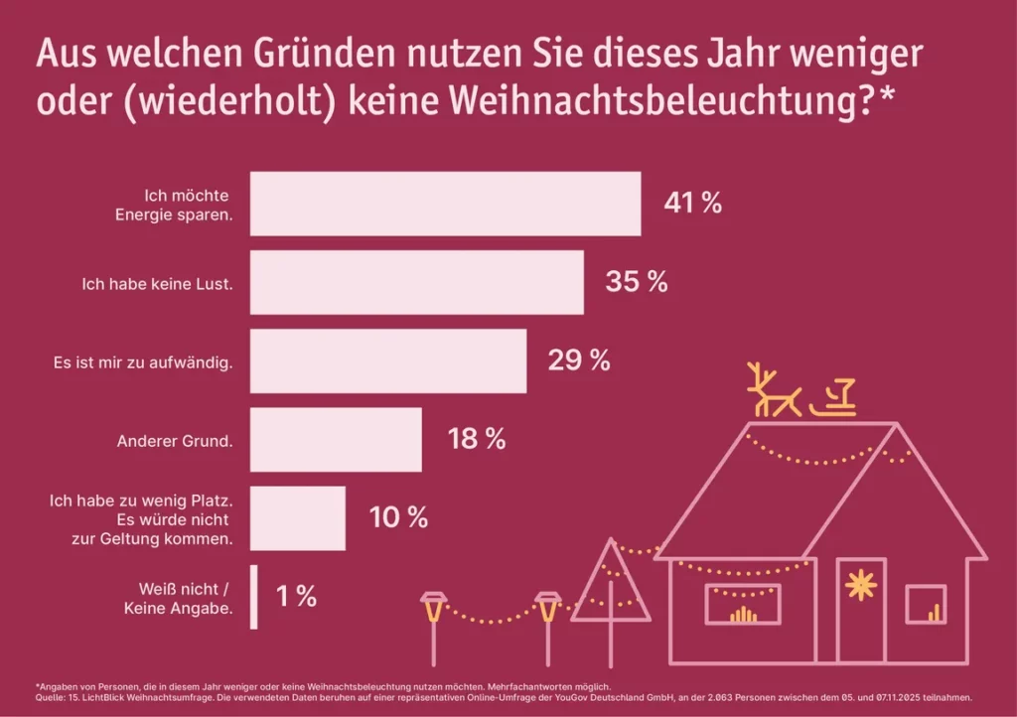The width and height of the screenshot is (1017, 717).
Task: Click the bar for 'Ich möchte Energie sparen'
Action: point(445,204)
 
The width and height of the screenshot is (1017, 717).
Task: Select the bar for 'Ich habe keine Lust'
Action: point(416,282)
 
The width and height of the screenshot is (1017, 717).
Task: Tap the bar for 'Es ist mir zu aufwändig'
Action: point(387,361)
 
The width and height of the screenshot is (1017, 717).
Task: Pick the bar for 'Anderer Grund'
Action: point(336,439)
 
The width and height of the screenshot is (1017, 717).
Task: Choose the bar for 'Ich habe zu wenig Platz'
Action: point(297,517)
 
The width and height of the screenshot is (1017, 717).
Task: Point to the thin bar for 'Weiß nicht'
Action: point(253,597)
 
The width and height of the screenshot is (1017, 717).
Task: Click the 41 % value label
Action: point(692,204)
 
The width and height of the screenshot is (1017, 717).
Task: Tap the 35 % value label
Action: point(637,282)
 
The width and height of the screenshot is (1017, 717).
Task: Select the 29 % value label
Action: point(579,360)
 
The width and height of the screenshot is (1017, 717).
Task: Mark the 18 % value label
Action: point(476,439)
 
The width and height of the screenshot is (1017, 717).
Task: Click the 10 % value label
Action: point(398,517)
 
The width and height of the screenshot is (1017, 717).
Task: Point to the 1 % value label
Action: point(296,597)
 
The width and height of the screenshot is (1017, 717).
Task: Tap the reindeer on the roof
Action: point(774,390)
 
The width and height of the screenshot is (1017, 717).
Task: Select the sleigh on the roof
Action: point(832,398)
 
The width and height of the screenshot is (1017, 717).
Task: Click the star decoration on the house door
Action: point(859,586)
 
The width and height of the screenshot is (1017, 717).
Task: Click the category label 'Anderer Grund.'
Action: point(189,439)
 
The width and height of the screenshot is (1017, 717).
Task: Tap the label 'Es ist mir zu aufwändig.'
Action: point(143,361)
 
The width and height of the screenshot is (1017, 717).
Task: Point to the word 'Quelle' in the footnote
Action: point(50,697)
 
